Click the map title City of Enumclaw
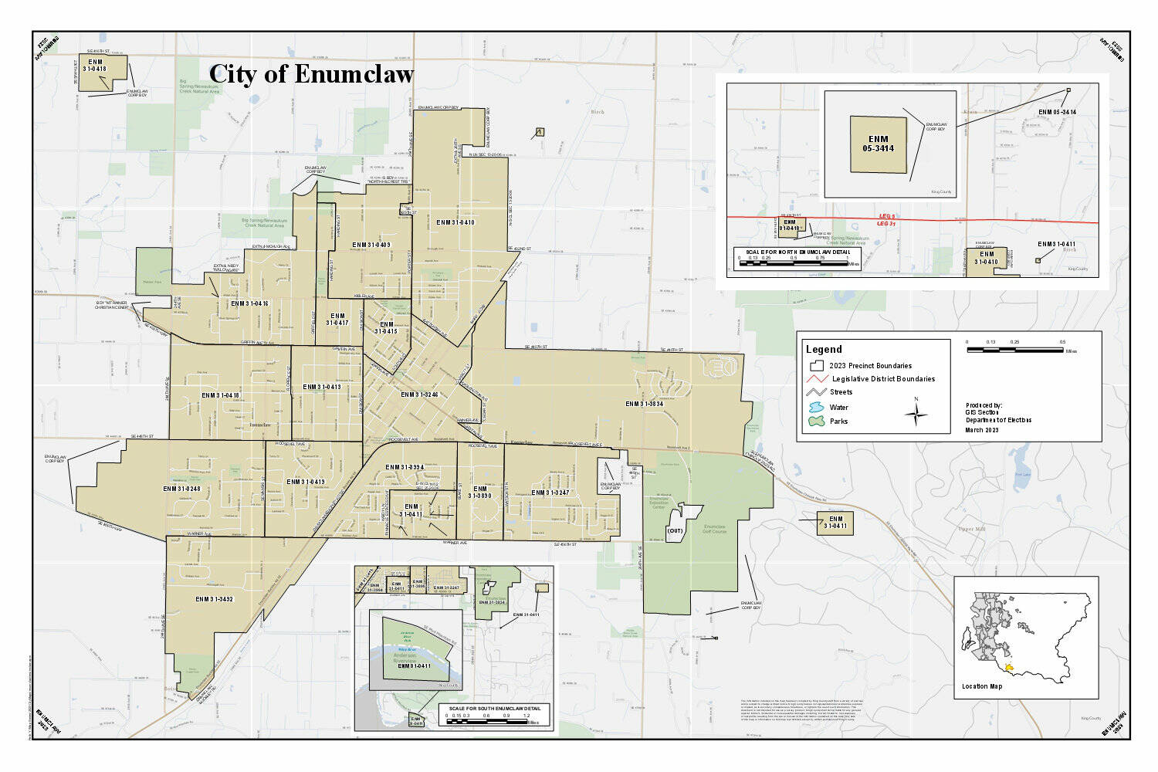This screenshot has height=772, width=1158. tap(311, 74)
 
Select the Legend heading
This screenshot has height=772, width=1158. tap(824, 349)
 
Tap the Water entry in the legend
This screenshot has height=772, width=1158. tap(838, 407)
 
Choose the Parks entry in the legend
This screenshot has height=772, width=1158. tap(838, 422)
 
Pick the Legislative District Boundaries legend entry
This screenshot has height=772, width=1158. tap(883, 379)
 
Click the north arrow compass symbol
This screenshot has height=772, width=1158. tap(916, 414)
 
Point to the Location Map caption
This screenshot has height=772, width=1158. tap(982, 686)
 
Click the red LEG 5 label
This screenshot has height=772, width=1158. tap(887, 216)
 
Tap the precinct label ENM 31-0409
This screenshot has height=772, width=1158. tap(371, 245)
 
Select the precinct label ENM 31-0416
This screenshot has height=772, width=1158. tap(249, 303)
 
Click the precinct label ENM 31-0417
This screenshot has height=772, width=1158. tap(337, 319)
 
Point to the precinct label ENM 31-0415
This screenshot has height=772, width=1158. tap(386, 327)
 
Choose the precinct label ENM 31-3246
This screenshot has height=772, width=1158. tap(419, 394)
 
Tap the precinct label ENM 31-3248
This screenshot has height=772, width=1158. tap(181, 489)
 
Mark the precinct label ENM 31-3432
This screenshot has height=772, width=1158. tap(214, 599)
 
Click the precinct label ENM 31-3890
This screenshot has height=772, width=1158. tap(479, 492)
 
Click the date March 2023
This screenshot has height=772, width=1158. tap(982, 430)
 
